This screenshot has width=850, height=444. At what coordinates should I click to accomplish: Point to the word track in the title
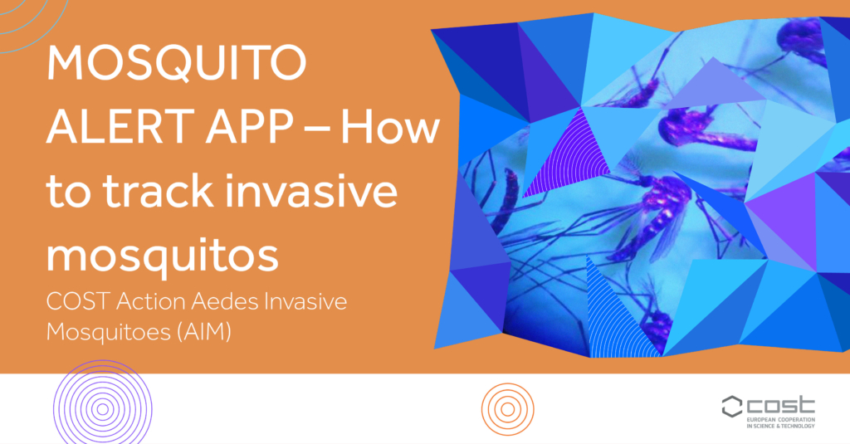158,190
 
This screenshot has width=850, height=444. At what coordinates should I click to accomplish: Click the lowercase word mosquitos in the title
162,255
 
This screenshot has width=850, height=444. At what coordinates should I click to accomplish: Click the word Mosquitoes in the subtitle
109,331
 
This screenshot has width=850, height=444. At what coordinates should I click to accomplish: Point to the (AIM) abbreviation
204,331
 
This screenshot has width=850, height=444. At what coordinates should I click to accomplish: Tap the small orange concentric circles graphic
508,409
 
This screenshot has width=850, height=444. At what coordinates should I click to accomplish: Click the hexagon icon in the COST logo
732,407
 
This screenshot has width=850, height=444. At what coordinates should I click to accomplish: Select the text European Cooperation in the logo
780,420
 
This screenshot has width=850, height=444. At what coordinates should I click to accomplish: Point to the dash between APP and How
317,129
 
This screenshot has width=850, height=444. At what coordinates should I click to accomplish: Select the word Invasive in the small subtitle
305,301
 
